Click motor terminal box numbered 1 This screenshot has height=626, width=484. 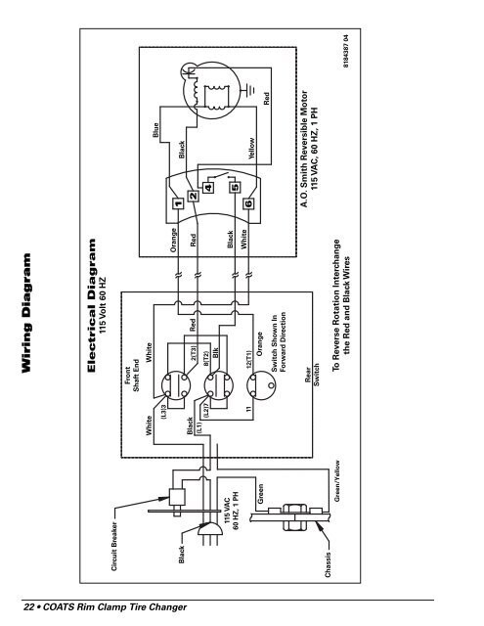pyautogui.click(x=178, y=203)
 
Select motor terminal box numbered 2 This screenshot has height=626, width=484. pyautogui.click(x=194, y=196)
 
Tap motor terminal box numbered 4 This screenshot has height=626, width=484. pyautogui.click(x=208, y=187)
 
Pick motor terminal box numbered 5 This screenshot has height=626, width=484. pyautogui.click(x=235, y=187)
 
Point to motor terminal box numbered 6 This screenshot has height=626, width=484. pyautogui.click(x=248, y=203)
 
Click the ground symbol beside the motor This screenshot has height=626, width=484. pyautogui.click(x=249, y=89)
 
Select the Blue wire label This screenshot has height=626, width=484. pyautogui.click(x=155, y=130)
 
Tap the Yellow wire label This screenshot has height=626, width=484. pyautogui.click(x=251, y=149)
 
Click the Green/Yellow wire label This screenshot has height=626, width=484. pyautogui.click(x=337, y=481)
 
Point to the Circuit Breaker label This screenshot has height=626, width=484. pyautogui.click(x=114, y=546)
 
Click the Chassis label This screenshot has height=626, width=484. pyautogui.click(x=328, y=564)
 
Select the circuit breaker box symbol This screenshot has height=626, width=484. pyautogui.click(x=177, y=497)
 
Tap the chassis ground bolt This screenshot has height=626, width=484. pyautogui.click(x=295, y=517)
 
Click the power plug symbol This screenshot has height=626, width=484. pyautogui.click(x=210, y=529)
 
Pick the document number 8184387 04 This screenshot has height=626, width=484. pyautogui.click(x=346, y=51)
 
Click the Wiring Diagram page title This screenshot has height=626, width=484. pyautogui.click(x=26, y=313)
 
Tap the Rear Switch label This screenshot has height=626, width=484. pyautogui.click(x=312, y=375)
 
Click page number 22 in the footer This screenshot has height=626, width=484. pyautogui.click(x=28, y=607)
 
